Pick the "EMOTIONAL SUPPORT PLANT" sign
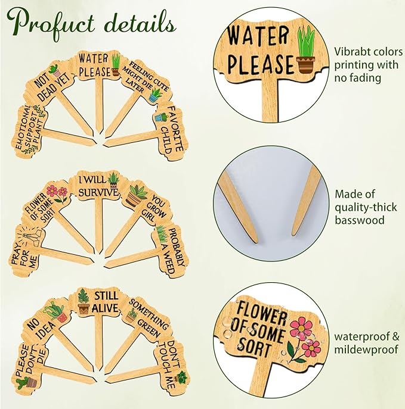click(x=29, y=130)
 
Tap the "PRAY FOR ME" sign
click(x=26, y=251)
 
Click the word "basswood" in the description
click(x=360, y=220)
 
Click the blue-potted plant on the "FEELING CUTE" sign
click(x=154, y=95)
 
